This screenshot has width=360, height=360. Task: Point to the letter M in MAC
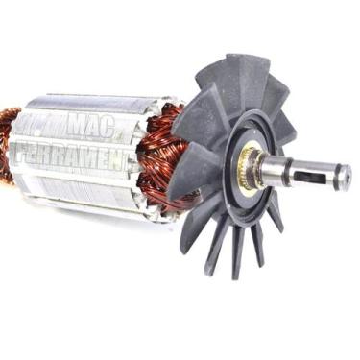73,125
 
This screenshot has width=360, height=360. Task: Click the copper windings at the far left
8,144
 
